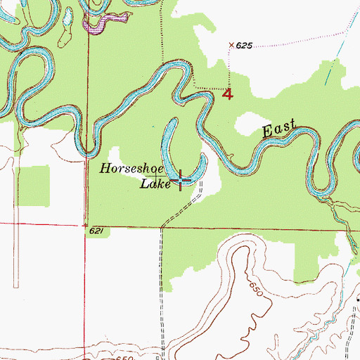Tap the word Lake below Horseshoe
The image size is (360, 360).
tap(153, 184)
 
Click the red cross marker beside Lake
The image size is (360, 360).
tap(182, 180)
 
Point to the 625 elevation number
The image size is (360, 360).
tap(244, 46)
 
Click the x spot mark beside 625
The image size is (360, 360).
tap(231, 45)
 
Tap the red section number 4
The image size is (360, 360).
tap(226, 94)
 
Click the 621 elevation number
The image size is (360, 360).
tap(97, 231)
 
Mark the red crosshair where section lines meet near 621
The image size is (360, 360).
tap(162, 227)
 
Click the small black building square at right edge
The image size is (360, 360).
tap(357, 300)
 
